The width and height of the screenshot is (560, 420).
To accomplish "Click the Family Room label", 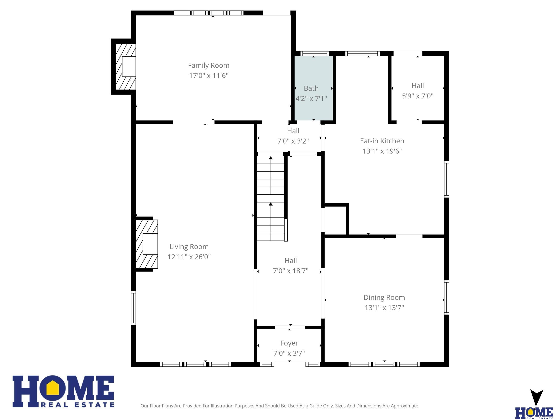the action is (x=209, y=65).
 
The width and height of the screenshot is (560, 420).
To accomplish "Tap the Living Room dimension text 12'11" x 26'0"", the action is (x=189, y=257).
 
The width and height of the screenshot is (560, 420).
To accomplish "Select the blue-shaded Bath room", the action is (x=313, y=88).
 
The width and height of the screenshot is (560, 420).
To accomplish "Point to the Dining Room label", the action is (x=384, y=297).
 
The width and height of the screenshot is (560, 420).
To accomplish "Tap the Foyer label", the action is (x=289, y=343).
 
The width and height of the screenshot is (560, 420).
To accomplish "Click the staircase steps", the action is (x=271, y=198).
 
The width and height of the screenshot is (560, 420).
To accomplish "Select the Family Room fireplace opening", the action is (x=129, y=67).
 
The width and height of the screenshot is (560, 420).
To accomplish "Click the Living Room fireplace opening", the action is (x=150, y=244).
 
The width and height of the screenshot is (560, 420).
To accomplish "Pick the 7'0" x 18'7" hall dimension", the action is (x=291, y=271).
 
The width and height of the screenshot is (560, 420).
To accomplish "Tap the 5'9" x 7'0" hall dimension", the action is (x=418, y=96).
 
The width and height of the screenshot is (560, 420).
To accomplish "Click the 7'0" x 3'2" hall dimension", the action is (x=293, y=141).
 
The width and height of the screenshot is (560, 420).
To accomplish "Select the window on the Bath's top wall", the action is (x=314, y=53).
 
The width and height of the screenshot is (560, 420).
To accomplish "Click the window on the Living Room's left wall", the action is (x=134, y=308).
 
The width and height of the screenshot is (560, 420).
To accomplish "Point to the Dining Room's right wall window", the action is (x=447, y=297).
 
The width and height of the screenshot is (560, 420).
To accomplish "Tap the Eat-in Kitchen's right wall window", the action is (x=447, y=179).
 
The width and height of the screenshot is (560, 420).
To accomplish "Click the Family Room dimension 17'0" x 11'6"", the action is (x=209, y=75).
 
